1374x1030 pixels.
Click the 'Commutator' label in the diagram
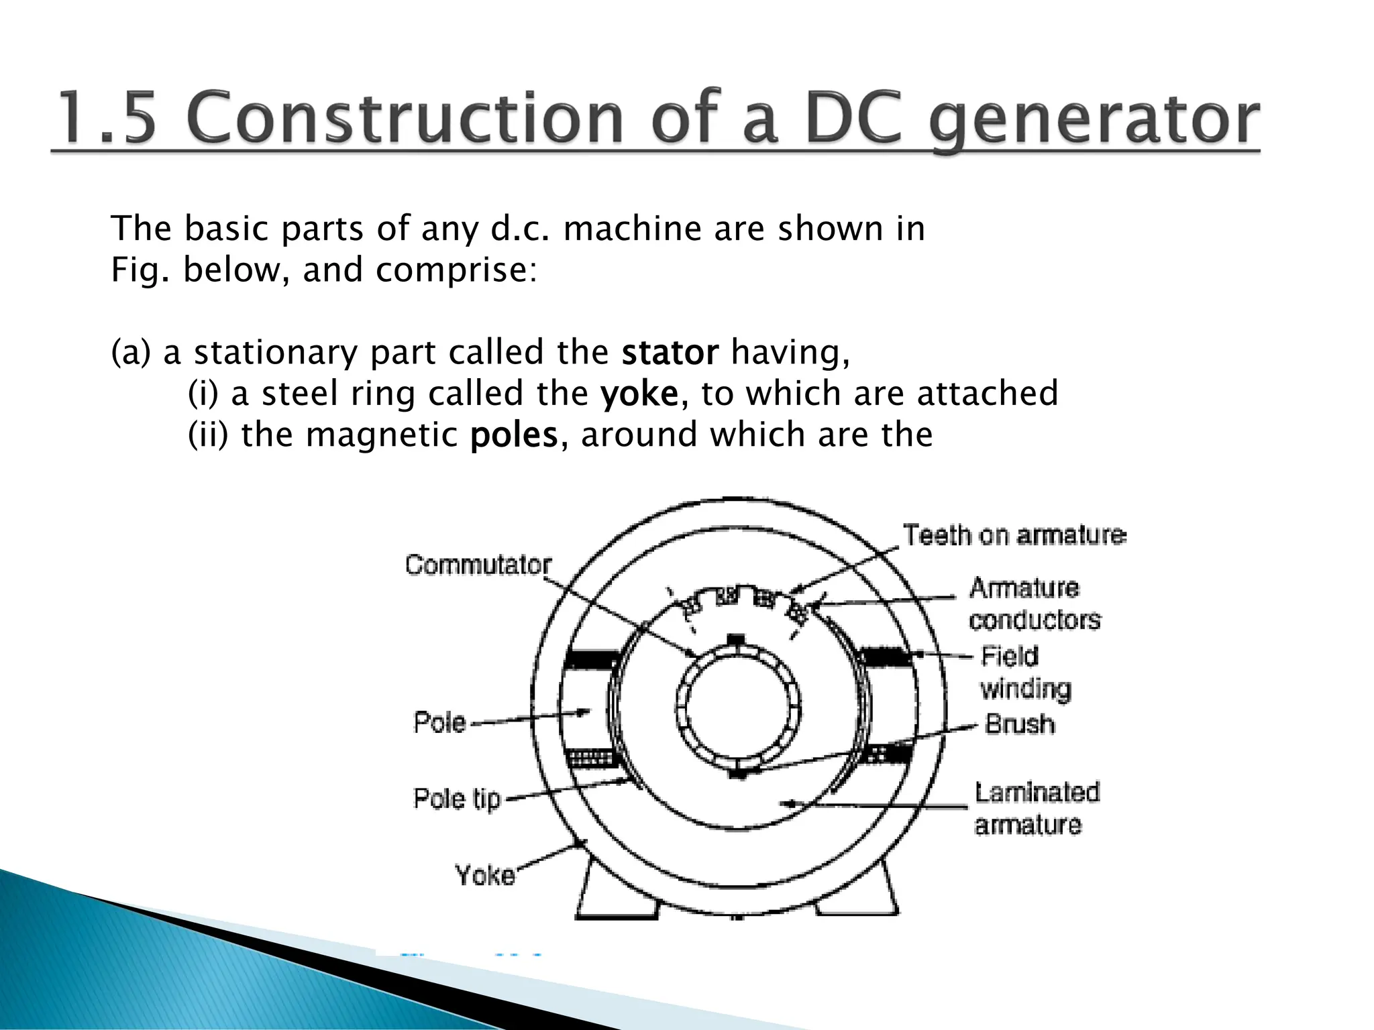click(x=478, y=565)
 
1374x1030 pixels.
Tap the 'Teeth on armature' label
click(x=1014, y=535)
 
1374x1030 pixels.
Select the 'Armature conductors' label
click(x=1034, y=604)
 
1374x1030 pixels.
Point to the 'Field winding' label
click(x=1025, y=673)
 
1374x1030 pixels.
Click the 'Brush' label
click(x=1019, y=724)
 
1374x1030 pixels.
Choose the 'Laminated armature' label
click(x=1037, y=808)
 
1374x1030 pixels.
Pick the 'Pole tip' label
click(x=457, y=799)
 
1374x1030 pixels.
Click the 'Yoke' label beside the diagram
click(x=484, y=875)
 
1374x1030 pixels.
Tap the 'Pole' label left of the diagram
click(x=439, y=722)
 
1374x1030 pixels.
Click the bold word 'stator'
click(x=670, y=353)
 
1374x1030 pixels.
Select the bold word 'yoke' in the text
click(x=639, y=394)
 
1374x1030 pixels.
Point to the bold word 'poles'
click(x=514, y=435)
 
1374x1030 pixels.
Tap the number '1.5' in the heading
click(x=107, y=118)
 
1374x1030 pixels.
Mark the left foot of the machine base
click(x=616, y=892)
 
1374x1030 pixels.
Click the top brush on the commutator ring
click(x=737, y=638)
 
